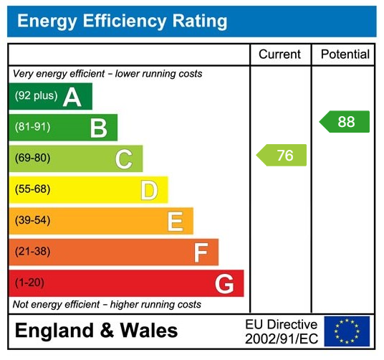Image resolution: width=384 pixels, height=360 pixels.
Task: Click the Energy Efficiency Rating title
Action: coord(122,21)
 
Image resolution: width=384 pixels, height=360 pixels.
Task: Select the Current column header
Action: coord(279,55)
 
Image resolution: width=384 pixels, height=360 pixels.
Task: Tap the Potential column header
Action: coord(345,55)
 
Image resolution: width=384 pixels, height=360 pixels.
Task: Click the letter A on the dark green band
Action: coord(72,97)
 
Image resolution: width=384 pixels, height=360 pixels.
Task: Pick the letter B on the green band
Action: coord(98,128)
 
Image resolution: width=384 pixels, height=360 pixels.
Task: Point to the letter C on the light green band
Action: coord(124,159)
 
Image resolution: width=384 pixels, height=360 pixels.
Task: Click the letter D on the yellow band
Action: coord(149,190)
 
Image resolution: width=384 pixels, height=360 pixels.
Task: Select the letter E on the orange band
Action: coord(175,222)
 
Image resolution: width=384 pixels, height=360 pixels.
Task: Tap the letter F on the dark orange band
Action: coord(201,252)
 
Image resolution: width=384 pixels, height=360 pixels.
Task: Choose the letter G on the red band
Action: coord(224,284)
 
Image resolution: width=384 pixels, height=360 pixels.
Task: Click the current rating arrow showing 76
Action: coord(282,156)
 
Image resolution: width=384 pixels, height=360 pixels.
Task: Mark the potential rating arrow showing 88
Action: coord(345,122)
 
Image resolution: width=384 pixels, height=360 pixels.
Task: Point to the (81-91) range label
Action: coord(33,127)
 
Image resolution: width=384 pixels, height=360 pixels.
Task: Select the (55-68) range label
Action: coord(33,189)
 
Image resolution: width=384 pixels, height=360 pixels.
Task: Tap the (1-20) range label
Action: coord(29,283)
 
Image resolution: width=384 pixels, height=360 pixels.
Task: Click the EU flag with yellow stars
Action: coord(347,331)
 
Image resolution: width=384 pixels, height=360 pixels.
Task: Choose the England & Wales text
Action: coord(96,331)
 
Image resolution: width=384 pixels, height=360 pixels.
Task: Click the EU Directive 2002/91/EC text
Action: coord(281,331)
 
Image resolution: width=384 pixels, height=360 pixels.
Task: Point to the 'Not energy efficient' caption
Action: coord(107,305)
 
